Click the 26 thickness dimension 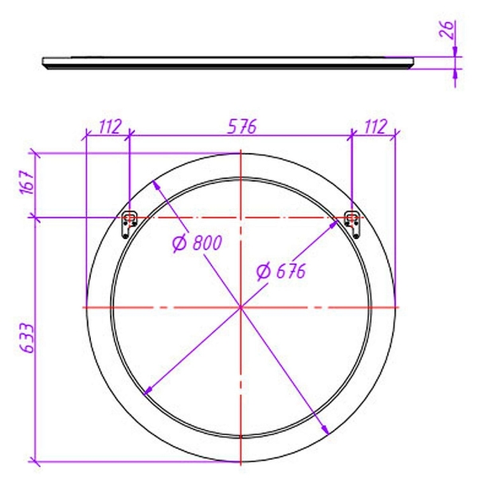[x=448, y=29]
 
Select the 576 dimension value [x=242, y=127]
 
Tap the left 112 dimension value [x=110, y=127]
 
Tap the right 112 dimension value [x=375, y=127]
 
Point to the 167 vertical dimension [x=27, y=182]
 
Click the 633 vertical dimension [x=28, y=338]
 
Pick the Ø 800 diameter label [x=197, y=243]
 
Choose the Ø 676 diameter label [x=280, y=271]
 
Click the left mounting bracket [x=129, y=225]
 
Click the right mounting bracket [x=352, y=225]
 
